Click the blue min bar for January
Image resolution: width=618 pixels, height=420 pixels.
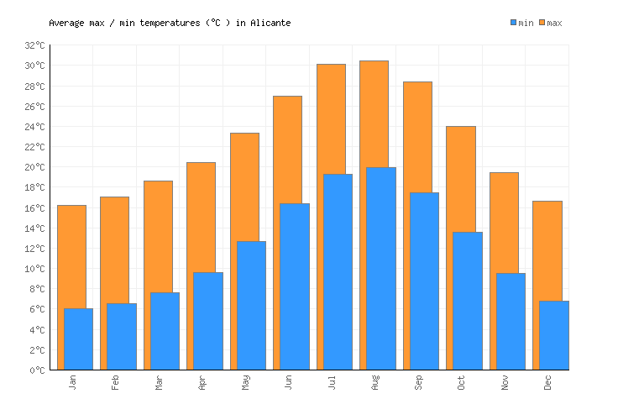[78, 339]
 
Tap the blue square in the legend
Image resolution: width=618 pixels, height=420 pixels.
[514, 23]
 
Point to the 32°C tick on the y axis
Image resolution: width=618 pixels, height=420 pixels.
[34, 45]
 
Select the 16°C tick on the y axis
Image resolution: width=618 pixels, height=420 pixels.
[34, 207]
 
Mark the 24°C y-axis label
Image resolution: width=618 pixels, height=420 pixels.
[34, 127]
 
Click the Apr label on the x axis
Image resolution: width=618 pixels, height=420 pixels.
[202, 382]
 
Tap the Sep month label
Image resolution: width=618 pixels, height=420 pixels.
[418, 382]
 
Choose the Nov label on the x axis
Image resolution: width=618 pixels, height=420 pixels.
[505, 382]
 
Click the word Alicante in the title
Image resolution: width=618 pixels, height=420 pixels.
[270, 23]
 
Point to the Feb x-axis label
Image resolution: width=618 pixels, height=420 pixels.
[115, 382]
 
